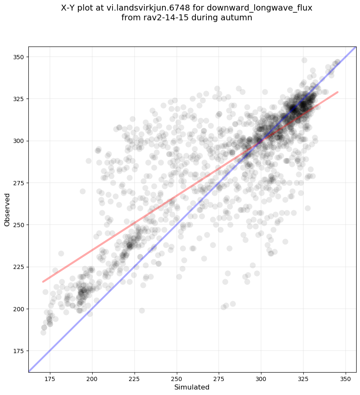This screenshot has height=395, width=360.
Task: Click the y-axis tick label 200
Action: pyautogui.click(x=19, y=309)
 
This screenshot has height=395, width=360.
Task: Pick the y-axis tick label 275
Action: pyautogui.click(x=19, y=183)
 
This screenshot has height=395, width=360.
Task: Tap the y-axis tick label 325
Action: pyautogui.click(x=19, y=99)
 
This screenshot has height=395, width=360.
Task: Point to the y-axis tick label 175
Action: pyautogui.click(x=19, y=351)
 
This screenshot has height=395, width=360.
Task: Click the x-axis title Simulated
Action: pyautogui.click(x=192, y=387)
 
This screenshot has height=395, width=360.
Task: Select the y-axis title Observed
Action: pyautogui.click(x=7, y=209)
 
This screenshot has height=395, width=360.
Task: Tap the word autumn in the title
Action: pyautogui.click(x=239, y=18)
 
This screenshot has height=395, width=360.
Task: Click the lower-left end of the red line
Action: pyautogui.click(x=43, y=282)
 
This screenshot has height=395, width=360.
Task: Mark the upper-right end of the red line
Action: pyautogui.click(x=338, y=92)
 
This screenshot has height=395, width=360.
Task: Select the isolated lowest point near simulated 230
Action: pyautogui.click(x=142, y=310)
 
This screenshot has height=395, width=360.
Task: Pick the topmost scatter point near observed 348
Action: pyautogui.click(x=304, y=60)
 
